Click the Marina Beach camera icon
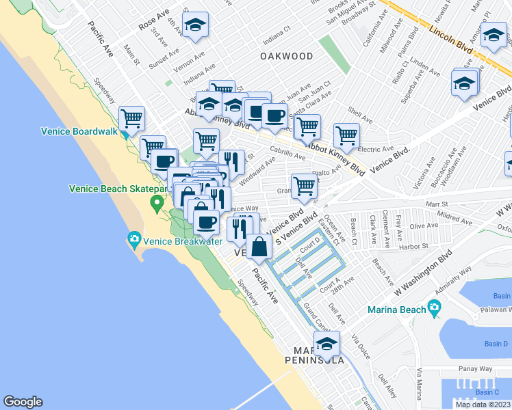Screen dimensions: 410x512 (x=433, y=308)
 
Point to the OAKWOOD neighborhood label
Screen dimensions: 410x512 (x=287, y=57)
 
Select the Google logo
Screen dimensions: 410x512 (x=23, y=402)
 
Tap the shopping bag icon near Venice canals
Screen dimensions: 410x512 (x=259, y=247)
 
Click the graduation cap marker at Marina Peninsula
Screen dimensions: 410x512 (x=327, y=344)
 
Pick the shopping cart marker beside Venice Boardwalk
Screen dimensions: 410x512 (x=131, y=119)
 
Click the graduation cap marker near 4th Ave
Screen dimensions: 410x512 (x=195, y=26)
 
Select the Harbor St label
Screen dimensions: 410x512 (x=413, y=246)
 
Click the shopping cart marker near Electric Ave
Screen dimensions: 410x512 (x=347, y=137)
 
